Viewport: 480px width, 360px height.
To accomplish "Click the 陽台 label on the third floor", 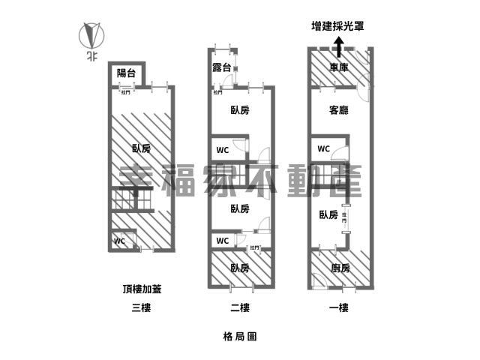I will [x=125, y=73].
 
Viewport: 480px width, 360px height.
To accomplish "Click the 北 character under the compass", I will [x=91, y=55].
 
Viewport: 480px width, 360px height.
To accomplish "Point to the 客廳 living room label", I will [x=339, y=110].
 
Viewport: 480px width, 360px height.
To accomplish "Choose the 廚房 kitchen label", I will [x=340, y=268].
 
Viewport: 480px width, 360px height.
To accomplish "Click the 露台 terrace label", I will [x=222, y=69].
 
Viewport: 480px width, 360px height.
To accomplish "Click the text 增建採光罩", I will [x=338, y=26].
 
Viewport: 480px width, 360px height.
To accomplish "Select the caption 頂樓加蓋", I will [x=140, y=288].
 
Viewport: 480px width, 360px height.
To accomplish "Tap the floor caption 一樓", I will [x=339, y=307].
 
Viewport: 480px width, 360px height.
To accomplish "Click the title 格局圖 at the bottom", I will [x=240, y=337].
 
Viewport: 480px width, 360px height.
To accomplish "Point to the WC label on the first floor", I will [x=323, y=148].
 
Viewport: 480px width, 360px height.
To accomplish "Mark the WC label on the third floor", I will [x=119, y=241].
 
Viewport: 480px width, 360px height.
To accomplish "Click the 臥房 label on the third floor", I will [x=141, y=148].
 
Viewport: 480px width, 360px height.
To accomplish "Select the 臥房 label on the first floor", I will [x=328, y=215].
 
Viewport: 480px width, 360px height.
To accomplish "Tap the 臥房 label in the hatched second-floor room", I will [x=239, y=268].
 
